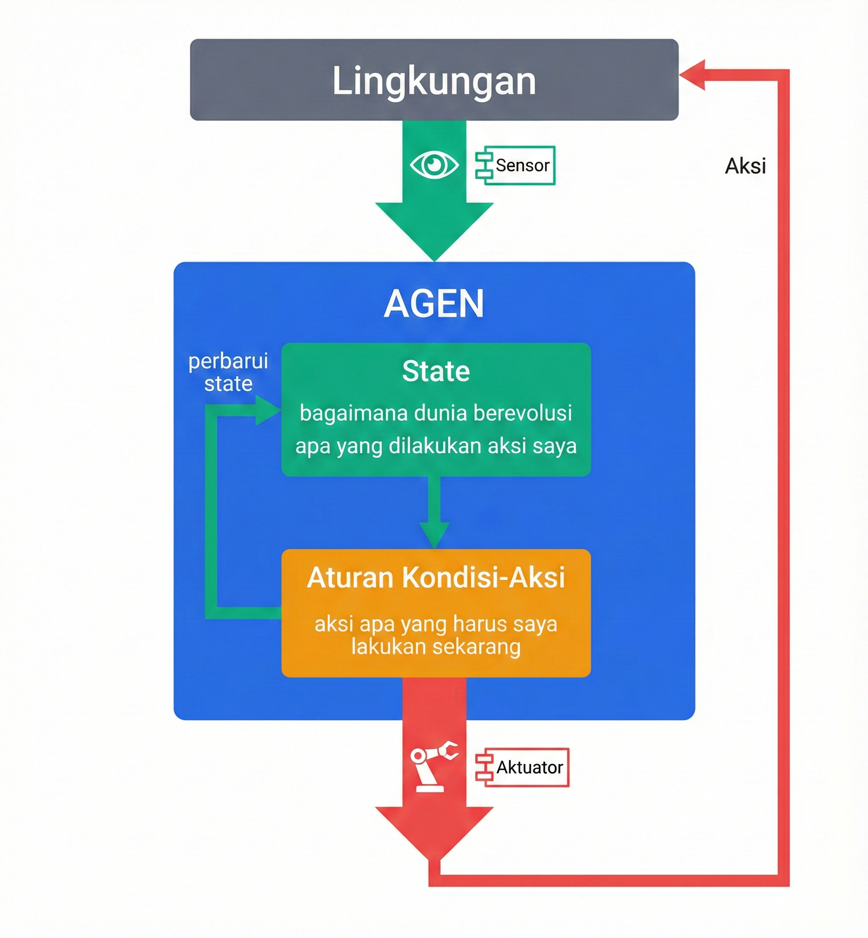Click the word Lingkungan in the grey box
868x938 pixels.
coord(434,81)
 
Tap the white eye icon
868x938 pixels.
coord(434,165)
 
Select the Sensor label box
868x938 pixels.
coord(516,165)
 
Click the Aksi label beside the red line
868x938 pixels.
coord(745,166)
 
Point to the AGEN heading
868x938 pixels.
coord(434,304)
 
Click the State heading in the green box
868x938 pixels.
coord(436,371)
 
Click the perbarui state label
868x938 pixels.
coord(228,372)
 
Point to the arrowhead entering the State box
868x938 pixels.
coord(268,410)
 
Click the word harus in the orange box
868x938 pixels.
coord(473,624)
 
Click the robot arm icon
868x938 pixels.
coord(433,767)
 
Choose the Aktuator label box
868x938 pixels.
coord(522,767)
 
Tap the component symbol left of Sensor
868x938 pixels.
coord(484,165)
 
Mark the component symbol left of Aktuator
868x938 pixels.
coord(484,767)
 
